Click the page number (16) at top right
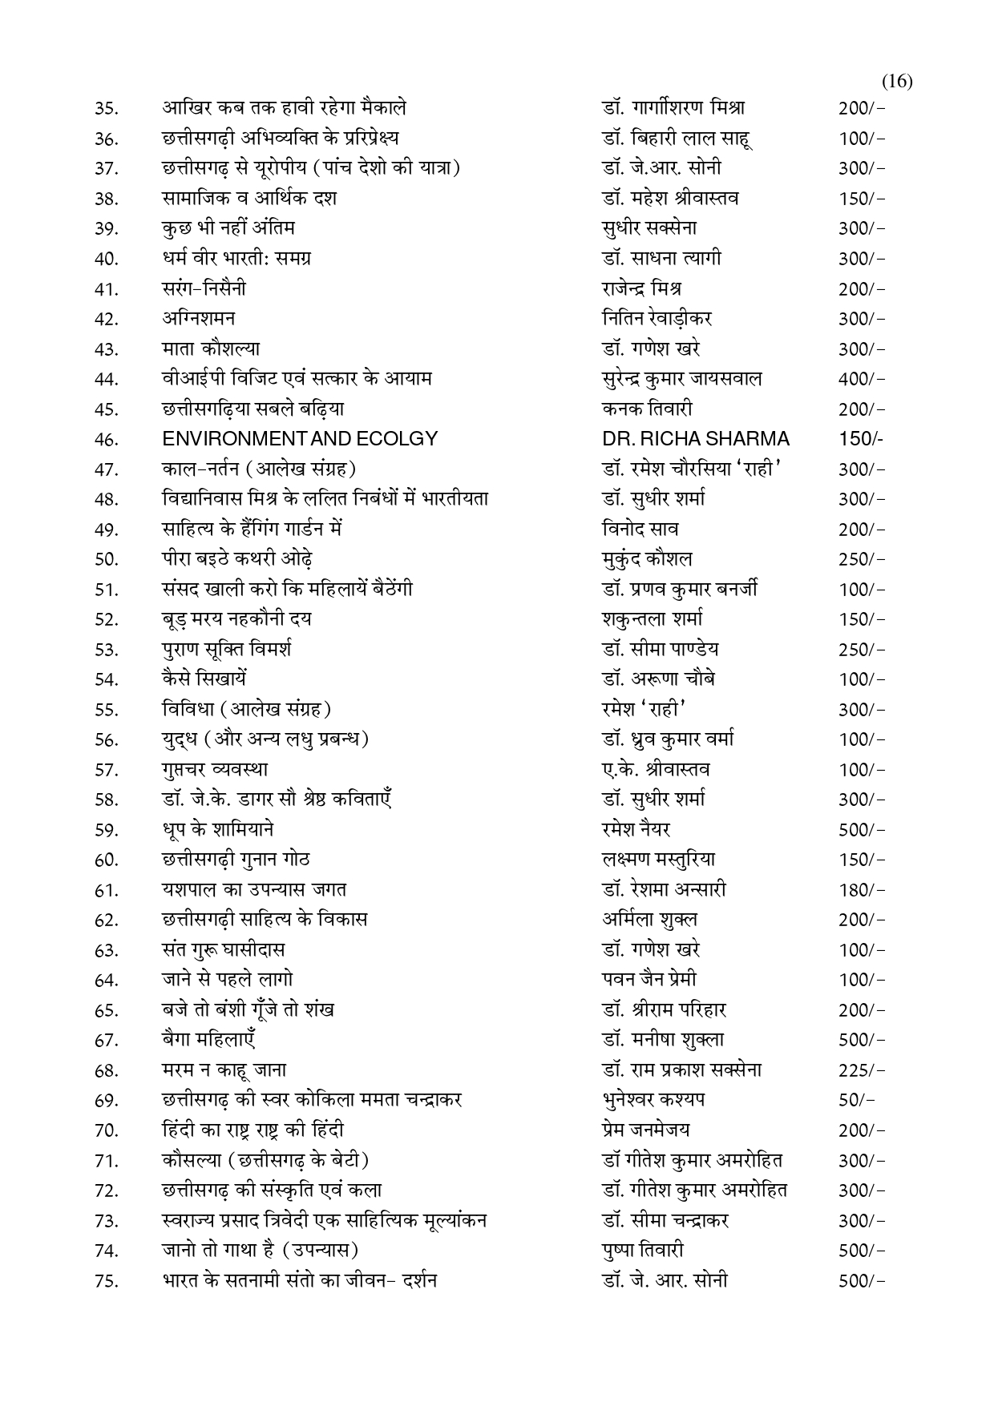tap(897, 82)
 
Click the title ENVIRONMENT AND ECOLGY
tap(300, 439)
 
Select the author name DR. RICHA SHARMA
tap(695, 439)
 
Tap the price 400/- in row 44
tap(862, 379)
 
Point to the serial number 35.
tap(106, 109)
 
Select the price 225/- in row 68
tap(862, 1070)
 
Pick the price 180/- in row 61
tap(862, 890)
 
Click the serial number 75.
tap(106, 1282)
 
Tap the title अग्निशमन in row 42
tap(198, 318)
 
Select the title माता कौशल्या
tap(210, 348)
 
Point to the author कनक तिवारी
tap(647, 409)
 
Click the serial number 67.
tap(106, 1041)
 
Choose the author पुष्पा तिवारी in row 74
tap(643, 1250)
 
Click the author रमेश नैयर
tap(636, 829)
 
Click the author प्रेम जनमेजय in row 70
tap(645, 1130)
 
